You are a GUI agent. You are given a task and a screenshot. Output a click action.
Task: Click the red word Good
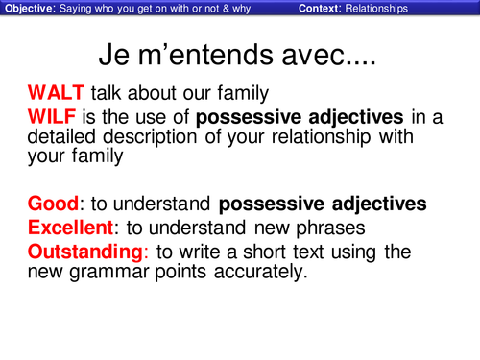click(53, 204)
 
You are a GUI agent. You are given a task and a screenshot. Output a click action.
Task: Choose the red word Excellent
click(71, 228)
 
